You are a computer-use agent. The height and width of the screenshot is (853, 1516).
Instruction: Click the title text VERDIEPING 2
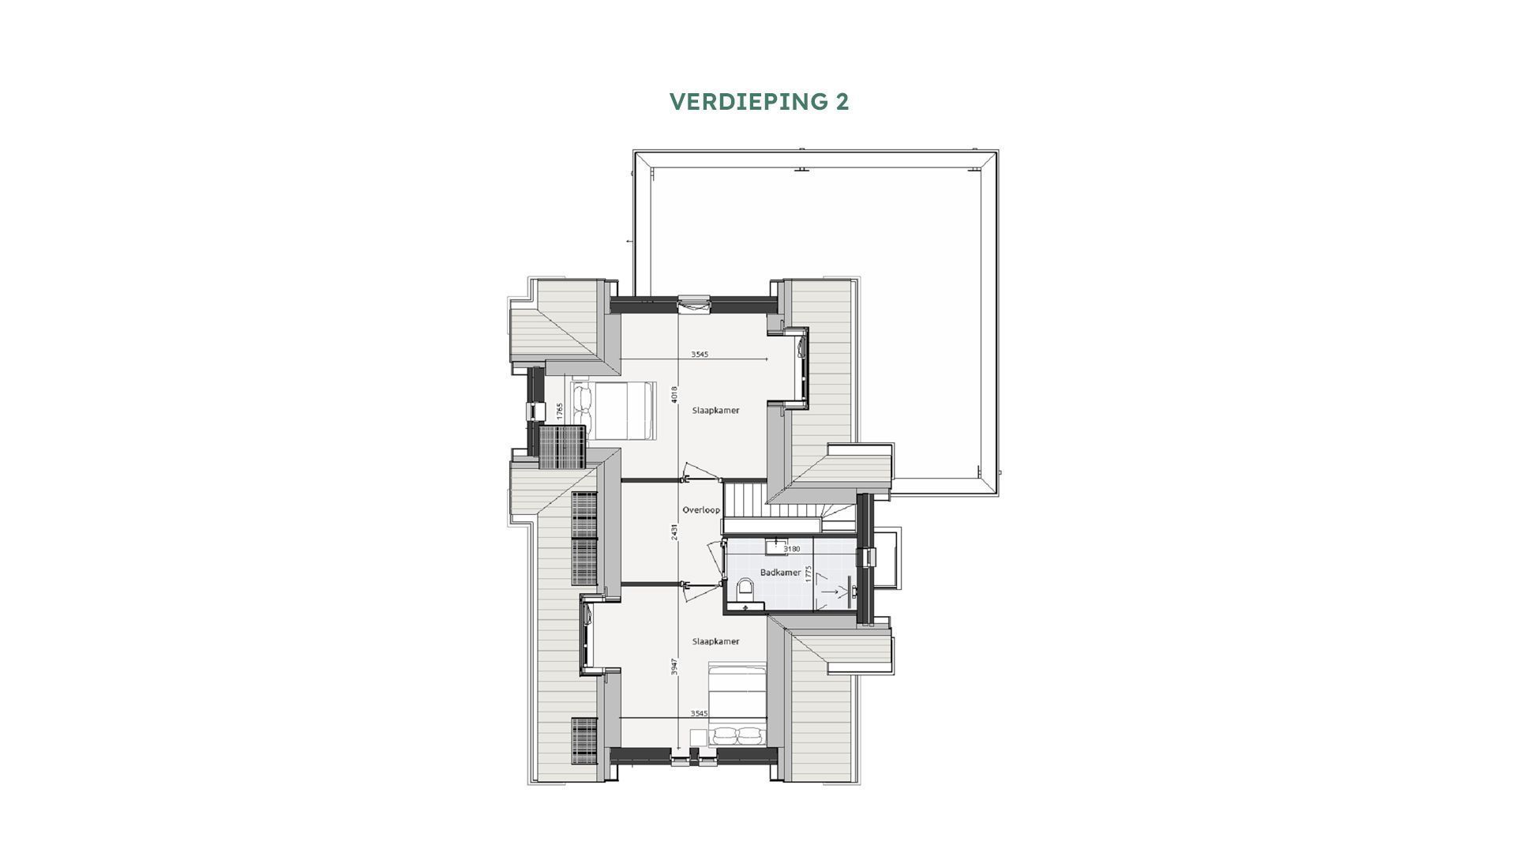pyautogui.click(x=759, y=102)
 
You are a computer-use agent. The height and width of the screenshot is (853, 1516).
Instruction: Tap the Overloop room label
pyautogui.click(x=701, y=510)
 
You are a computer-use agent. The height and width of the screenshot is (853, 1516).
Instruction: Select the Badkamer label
pyautogui.click(x=780, y=572)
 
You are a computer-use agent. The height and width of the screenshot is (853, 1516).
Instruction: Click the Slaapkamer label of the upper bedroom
pyautogui.click(x=715, y=411)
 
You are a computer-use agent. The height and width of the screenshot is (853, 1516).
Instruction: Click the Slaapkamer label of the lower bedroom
pyautogui.click(x=715, y=641)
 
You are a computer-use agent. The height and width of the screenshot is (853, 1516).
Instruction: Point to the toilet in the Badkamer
pyautogui.click(x=744, y=588)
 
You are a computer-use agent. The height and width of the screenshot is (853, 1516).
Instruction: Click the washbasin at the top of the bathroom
pyautogui.click(x=775, y=545)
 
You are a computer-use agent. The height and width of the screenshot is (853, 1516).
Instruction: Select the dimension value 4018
pyautogui.click(x=674, y=393)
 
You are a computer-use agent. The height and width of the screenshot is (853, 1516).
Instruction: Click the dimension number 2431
pyautogui.click(x=674, y=532)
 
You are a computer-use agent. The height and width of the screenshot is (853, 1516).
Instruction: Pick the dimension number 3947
pyautogui.click(x=674, y=666)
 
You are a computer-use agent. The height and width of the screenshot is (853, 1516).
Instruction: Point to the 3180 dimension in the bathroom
pyautogui.click(x=791, y=549)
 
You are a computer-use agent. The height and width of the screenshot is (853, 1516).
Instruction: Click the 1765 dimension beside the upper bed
pyautogui.click(x=559, y=411)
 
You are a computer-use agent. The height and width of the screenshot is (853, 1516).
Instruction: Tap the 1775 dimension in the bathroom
pyautogui.click(x=808, y=574)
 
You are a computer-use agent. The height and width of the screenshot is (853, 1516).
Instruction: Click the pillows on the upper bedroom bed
pyautogui.click(x=582, y=409)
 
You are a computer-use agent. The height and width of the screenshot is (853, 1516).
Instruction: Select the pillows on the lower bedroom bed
pyautogui.click(x=736, y=736)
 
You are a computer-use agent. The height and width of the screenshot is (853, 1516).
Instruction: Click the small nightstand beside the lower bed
pyautogui.click(x=698, y=736)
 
